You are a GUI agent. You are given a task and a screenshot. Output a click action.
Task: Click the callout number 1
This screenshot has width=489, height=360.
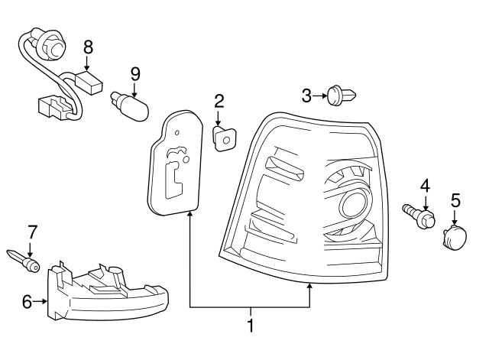(250, 326)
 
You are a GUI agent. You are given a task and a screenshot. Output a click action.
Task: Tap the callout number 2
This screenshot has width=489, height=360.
(219, 101)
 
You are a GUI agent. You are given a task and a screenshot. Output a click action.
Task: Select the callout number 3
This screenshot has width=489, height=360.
(307, 96)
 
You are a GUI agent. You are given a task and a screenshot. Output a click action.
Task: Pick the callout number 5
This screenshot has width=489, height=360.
(455, 200)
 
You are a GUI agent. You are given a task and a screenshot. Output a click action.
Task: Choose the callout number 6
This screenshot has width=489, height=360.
(28, 302)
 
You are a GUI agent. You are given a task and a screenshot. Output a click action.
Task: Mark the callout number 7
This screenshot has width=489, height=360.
(32, 230)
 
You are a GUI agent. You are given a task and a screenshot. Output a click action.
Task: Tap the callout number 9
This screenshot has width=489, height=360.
(135, 74)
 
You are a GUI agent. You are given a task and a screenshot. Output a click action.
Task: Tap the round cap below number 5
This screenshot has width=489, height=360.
(454, 236)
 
